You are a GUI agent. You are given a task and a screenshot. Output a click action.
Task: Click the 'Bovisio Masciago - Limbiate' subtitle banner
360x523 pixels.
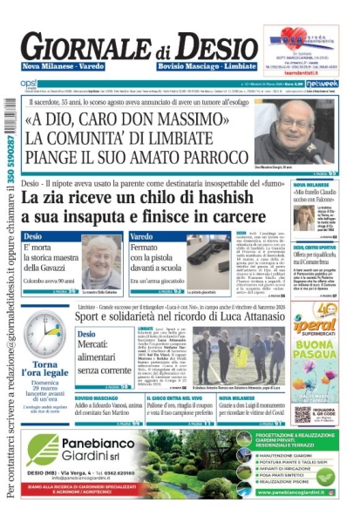point(208,67)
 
